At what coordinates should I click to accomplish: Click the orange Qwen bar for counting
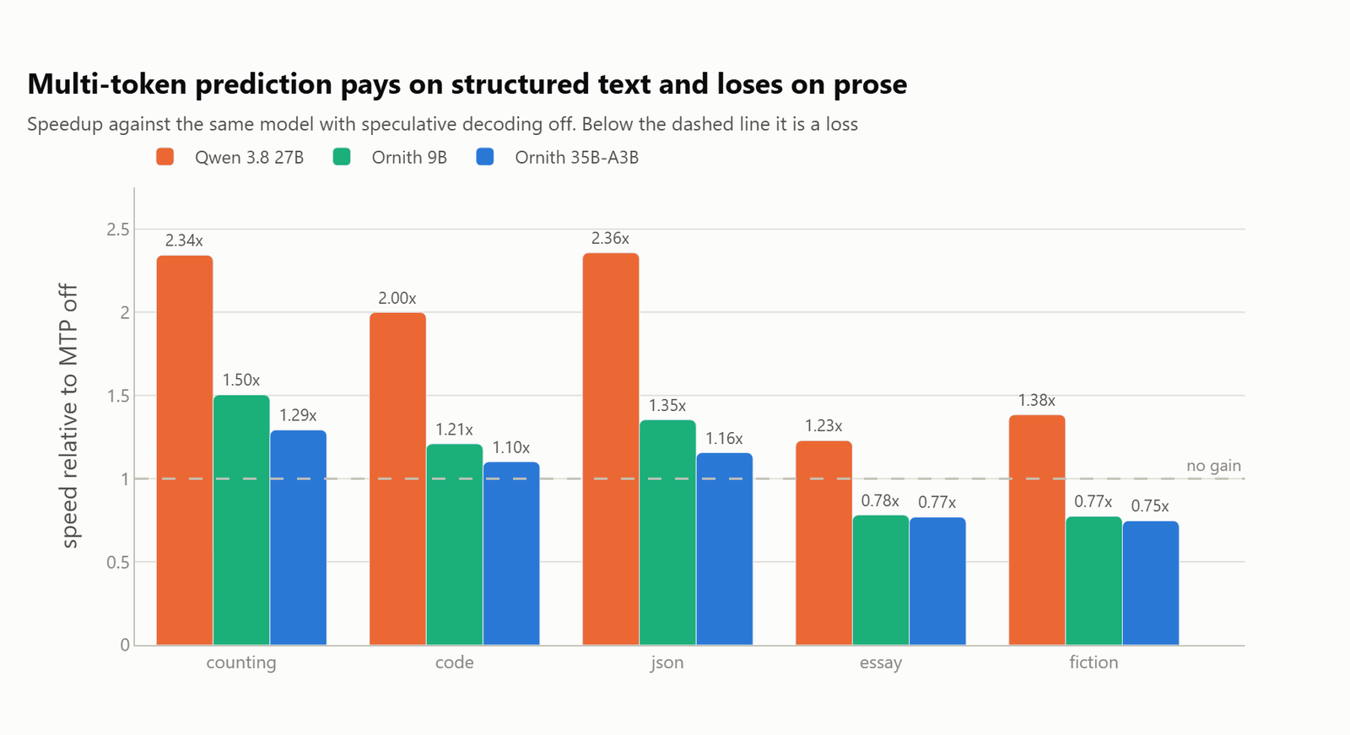pos(185,451)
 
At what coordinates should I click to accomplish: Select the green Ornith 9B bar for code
pos(455,544)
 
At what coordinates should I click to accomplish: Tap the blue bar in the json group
pos(725,549)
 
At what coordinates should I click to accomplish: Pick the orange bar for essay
pos(823,543)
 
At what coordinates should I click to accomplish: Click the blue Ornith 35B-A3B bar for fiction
pos(1151,583)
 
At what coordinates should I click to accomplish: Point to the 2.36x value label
pos(610,239)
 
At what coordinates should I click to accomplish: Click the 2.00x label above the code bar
pos(397,299)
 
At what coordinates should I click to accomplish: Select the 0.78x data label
pos(880,501)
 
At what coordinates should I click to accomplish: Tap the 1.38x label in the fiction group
pos(1037,400)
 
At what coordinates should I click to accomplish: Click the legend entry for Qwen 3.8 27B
pos(229,157)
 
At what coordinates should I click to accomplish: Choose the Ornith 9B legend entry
pos(390,157)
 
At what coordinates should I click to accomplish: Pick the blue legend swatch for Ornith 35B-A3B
pos(484,157)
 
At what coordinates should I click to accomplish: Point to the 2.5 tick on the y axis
pos(118,230)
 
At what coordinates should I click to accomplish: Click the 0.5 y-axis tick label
pos(118,563)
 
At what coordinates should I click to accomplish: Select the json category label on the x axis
pos(667,662)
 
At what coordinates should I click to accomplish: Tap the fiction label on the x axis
pos(1093,662)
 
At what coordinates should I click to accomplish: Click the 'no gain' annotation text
pos(1213,466)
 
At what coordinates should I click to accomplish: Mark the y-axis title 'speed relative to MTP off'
pos(69,416)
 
